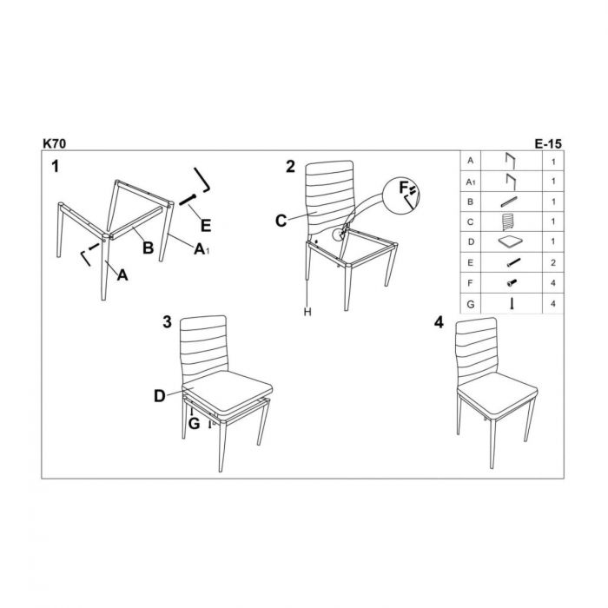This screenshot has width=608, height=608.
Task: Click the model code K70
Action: [x=53, y=142]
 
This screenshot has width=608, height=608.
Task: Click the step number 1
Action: [x=55, y=166]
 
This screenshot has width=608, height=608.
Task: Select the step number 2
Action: [x=291, y=166]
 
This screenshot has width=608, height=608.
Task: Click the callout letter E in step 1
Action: [x=206, y=226]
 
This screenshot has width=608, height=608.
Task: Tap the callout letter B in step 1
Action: [x=149, y=248]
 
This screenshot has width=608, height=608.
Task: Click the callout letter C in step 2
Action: [x=281, y=221]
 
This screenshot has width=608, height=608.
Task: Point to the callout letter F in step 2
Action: [x=403, y=188]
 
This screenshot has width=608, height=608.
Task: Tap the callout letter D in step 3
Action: [x=160, y=396]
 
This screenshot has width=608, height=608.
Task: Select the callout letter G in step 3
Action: [x=195, y=423]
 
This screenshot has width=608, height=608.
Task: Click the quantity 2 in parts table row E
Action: [x=553, y=261]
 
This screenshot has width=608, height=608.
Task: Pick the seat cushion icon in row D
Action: [x=510, y=241]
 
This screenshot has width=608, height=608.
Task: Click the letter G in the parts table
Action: [x=470, y=303]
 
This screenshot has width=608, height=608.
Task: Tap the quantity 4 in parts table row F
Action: [x=553, y=282]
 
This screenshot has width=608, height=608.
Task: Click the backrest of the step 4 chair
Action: [x=478, y=347]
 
